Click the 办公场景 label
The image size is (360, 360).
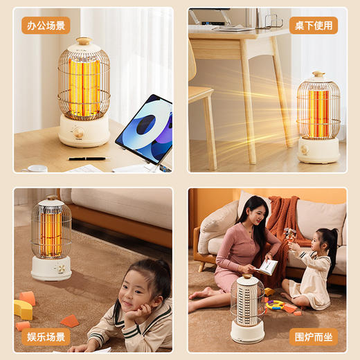pyautogui.click(x=46, y=26)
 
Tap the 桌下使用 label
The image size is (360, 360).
pyautogui.click(x=313, y=26)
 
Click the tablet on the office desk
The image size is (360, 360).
pyautogui.click(x=144, y=130)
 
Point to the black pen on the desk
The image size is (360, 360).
pyautogui.click(x=88, y=159)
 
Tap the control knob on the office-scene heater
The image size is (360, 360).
pyautogui.click(x=78, y=132)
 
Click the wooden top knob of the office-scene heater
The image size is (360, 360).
pyautogui.click(x=83, y=41)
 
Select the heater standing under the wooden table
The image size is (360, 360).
pyautogui.click(x=318, y=118)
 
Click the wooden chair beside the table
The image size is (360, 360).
pyautogui.click(x=201, y=104)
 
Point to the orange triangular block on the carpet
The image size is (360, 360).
pyautogui.click(x=69, y=321)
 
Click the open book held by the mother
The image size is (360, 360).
pyautogui.click(x=267, y=266)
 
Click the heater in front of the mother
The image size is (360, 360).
pyautogui.click(x=248, y=308)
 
